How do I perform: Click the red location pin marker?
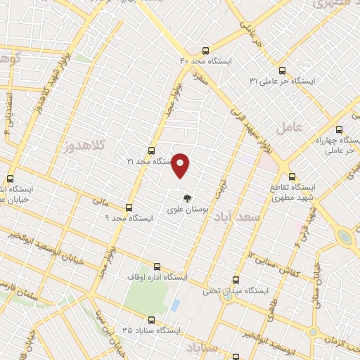181,165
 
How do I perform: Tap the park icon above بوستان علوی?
186,198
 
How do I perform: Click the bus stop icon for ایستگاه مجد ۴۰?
205,51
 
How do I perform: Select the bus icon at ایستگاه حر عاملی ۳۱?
282,70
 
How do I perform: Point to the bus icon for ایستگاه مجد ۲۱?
151,150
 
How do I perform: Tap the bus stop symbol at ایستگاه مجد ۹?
128,207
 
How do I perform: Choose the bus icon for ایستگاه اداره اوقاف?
156,267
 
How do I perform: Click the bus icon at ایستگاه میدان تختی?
236,279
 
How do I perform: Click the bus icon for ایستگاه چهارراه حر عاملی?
339,129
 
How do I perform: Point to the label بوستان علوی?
186,210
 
